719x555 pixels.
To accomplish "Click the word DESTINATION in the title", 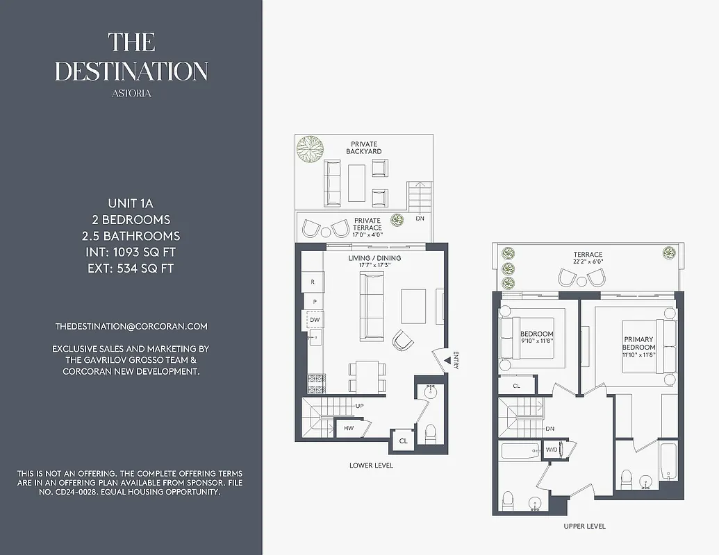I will (x=131, y=71).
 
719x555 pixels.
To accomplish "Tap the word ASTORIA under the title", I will (x=131, y=93).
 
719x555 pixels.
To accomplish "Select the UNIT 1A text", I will (x=131, y=203).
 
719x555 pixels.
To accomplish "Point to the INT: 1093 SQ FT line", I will (x=131, y=252).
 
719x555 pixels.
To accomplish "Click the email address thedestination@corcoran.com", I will (x=131, y=326).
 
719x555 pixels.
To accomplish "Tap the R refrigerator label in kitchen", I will (x=313, y=282).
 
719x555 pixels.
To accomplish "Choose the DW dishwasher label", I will (x=315, y=320).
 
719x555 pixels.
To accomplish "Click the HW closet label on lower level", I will (x=349, y=429).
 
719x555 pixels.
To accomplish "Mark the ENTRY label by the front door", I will (x=456, y=360).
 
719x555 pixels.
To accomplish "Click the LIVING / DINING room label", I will (x=374, y=258).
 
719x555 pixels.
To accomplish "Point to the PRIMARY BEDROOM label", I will (x=639, y=343).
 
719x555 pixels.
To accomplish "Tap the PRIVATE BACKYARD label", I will (x=364, y=147).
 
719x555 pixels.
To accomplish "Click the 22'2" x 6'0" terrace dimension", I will (x=588, y=262).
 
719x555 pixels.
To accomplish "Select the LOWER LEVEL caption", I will (x=371, y=466).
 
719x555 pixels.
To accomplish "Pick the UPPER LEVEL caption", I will (x=584, y=526).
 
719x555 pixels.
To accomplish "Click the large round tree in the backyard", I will (x=310, y=148).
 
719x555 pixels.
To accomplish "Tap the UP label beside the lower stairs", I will (x=359, y=406).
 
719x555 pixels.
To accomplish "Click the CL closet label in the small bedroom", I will (x=516, y=386).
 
